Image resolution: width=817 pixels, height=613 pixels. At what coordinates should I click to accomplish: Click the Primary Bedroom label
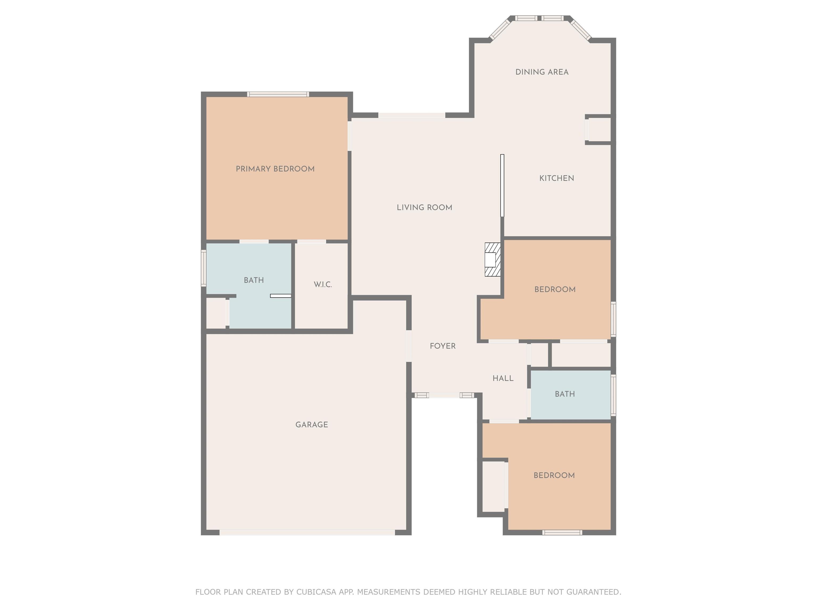pyautogui.click(x=275, y=169)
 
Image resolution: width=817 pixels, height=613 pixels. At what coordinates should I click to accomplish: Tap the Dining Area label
pyautogui.click(x=542, y=72)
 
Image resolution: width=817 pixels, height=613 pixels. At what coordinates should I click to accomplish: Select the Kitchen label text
pyautogui.click(x=557, y=178)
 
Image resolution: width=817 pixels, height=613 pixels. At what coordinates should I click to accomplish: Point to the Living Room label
pyautogui.click(x=424, y=207)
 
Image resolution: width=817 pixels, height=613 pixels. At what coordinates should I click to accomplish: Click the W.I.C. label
pyautogui.click(x=323, y=284)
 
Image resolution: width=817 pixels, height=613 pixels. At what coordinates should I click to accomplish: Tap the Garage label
pyautogui.click(x=312, y=425)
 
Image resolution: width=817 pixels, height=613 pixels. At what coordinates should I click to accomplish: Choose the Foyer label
pyautogui.click(x=443, y=346)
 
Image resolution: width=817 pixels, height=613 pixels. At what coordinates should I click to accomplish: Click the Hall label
pyautogui.click(x=503, y=378)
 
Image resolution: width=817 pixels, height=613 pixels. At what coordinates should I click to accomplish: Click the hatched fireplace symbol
pyautogui.click(x=493, y=259)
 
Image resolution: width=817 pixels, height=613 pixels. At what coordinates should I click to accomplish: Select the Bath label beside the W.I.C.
pyautogui.click(x=254, y=280)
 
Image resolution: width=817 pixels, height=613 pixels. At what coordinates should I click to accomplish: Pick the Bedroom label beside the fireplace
pyautogui.click(x=555, y=289)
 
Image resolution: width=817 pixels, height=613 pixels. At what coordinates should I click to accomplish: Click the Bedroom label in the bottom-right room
pyautogui.click(x=554, y=475)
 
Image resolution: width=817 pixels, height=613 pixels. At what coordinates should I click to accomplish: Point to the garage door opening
pyautogui.click(x=307, y=532)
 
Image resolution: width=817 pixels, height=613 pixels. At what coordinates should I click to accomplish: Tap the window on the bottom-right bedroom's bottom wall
pyautogui.click(x=562, y=532)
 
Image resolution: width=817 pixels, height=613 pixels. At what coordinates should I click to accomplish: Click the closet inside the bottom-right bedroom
pyautogui.click(x=493, y=486)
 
